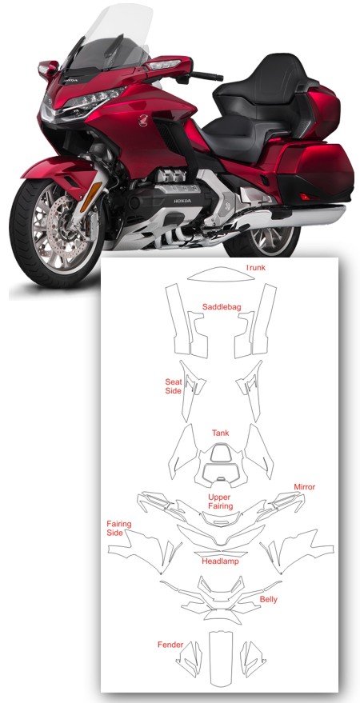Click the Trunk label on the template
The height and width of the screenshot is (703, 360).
pyautogui.click(x=255, y=268)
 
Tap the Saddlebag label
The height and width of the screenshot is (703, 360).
pyautogui.click(x=222, y=306)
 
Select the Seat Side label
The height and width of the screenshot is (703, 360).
pyautogui.click(x=174, y=386)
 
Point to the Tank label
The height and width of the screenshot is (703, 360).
pyautogui.click(x=220, y=433)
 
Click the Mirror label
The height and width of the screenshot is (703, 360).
pyautogui.click(x=305, y=486)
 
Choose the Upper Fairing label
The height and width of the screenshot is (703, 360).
pyautogui.click(x=220, y=501)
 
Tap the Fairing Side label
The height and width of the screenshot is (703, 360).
pyautogui.click(x=119, y=528)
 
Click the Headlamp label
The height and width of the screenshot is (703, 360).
pyautogui.click(x=220, y=561)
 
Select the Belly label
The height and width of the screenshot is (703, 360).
pyautogui.click(x=269, y=599)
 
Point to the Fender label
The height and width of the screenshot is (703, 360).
pyautogui.click(x=170, y=645)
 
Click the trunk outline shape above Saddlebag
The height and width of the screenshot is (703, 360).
pyautogui.click(x=221, y=274)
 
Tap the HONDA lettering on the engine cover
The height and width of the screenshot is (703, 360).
pyautogui.click(x=182, y=201)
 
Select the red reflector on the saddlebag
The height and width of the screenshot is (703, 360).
pyautogui.click(x=306, y=197)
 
